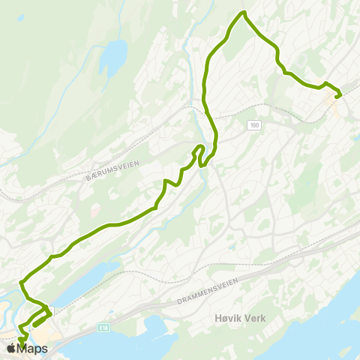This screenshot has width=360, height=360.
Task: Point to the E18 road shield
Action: click(x=103, y=327)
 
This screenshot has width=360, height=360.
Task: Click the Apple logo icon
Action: click(x=10, y=349)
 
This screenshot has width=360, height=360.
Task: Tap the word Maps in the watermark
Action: click(x=32, y=349)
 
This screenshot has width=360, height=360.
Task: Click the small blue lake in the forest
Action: click(x=114, y=54)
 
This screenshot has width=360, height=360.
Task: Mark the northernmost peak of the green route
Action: click(x=243, y=13)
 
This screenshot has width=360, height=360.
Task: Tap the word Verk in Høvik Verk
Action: click(x=253, y=318)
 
